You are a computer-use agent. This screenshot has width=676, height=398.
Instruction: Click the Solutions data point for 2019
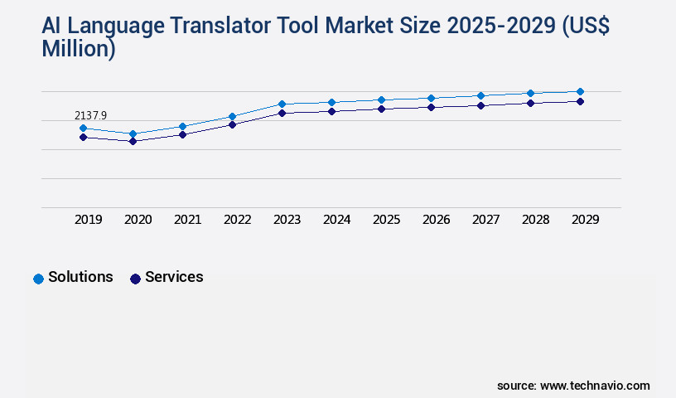83,129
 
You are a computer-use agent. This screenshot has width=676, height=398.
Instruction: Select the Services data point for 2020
133,141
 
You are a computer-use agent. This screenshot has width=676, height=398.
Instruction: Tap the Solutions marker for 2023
282,104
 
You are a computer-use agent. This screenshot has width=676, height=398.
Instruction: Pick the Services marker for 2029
580,101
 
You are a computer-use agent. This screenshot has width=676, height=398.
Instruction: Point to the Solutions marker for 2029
580,91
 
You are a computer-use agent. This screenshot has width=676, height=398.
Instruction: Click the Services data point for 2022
232,124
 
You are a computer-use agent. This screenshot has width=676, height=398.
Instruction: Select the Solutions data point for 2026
431,98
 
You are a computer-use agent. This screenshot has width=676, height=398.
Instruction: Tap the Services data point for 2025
381,109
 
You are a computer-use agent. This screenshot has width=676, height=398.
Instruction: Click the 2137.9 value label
90,115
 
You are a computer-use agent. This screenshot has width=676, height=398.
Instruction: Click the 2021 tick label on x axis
187,220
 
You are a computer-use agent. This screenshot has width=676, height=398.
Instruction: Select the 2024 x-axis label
336,220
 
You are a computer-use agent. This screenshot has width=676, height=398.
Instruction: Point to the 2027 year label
485,220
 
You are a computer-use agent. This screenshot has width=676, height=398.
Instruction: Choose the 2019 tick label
88,220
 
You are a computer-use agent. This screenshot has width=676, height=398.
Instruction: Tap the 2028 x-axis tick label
535,220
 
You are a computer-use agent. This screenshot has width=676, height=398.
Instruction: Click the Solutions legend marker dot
38,279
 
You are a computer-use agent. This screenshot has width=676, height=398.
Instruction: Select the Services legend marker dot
135,279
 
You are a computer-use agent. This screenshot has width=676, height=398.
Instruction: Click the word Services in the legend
174,277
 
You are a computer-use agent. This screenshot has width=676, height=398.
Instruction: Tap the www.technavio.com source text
595,386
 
